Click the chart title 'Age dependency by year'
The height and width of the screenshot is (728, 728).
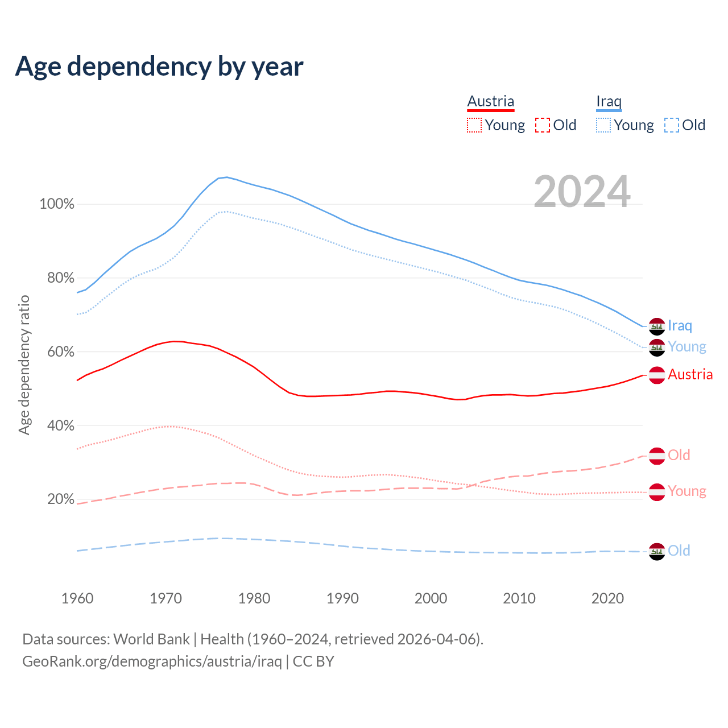159,67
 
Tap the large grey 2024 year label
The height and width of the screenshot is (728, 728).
582,192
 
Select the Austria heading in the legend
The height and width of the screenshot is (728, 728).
490,102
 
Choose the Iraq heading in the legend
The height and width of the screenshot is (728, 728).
609,102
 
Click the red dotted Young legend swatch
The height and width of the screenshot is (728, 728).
474,125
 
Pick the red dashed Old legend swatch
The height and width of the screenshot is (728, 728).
543,125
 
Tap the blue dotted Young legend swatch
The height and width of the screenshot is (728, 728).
603,125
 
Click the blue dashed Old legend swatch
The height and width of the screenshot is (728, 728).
672,125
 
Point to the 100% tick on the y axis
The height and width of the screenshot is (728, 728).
57,204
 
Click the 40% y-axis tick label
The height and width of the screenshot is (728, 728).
61,425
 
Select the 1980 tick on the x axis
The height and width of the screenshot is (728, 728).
254,598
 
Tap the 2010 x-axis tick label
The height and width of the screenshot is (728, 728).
519,598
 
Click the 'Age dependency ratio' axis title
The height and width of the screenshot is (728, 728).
24,365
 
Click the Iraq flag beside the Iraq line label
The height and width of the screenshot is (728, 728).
657,326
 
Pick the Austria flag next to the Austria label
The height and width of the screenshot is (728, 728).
657,375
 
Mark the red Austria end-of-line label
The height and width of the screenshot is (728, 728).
690,374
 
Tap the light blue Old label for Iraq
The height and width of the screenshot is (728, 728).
679,551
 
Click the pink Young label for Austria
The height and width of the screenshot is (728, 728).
687,491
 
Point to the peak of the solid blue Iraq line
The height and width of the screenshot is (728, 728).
227,177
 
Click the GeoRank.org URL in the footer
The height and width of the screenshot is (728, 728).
152,661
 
